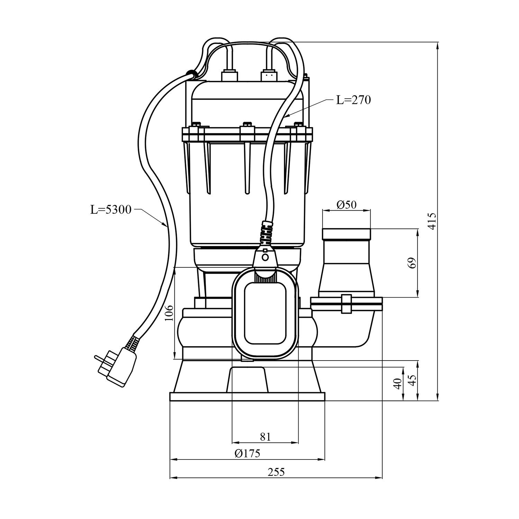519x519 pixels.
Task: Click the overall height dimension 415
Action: [432, 221]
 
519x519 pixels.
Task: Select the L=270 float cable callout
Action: [353, 100]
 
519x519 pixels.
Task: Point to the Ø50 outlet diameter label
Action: [346, 205]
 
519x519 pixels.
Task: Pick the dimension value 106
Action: [169, 313]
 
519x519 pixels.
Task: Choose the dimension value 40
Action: [398, 383]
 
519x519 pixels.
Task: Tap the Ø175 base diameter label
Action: [247, 453]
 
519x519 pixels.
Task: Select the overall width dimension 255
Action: [276, 472]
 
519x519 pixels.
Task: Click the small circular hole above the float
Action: [265, 257]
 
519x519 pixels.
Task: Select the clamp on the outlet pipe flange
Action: [346, 303]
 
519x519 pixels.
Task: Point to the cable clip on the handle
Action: [191, 73]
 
